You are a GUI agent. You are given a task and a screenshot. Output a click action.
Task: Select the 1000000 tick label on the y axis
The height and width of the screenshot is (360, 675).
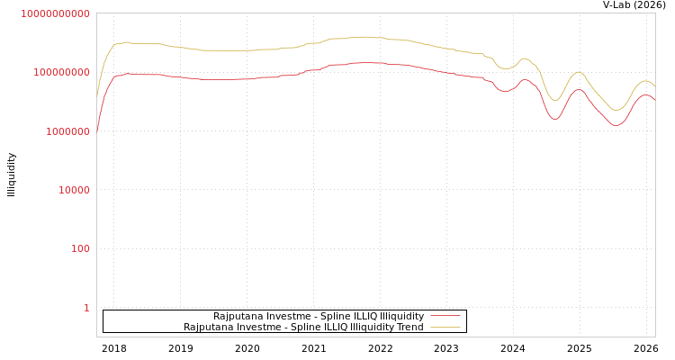click(x=62, y=131)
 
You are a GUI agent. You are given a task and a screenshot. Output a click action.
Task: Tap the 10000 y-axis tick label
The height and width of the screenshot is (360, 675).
click(x=68, y=190)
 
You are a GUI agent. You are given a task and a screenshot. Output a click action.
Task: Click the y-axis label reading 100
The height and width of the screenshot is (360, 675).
click(x=80, y=248)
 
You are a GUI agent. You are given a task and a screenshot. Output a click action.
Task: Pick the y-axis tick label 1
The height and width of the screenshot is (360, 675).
click(x=86, y=308)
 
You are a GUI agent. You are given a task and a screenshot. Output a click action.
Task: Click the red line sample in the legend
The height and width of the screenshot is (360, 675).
click(x=445, y=316)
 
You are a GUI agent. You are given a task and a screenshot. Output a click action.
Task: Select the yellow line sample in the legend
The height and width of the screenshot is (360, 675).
click(x=445, y=327)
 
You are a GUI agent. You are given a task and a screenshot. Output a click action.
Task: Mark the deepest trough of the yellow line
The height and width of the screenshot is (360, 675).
click(x=616, y=111)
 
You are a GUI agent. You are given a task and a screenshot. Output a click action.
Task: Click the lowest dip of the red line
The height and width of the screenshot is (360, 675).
click(x=616, y=125)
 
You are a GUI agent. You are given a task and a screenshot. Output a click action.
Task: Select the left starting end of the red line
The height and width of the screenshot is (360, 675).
click(x=97, y=131)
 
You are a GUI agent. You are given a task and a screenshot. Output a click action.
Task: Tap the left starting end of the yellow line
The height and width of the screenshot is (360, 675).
click(x=97, y=95)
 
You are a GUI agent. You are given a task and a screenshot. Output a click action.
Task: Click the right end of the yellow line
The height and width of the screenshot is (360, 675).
click(x=654, y=85)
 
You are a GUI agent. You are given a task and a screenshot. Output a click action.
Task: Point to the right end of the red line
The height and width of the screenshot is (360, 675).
click(x=654, y=99)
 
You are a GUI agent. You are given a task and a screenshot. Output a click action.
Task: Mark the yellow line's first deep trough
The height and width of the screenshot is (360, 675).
click(x=555, y=100)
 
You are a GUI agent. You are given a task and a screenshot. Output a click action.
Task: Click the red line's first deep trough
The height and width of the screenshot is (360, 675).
click(x=554, y=119)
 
